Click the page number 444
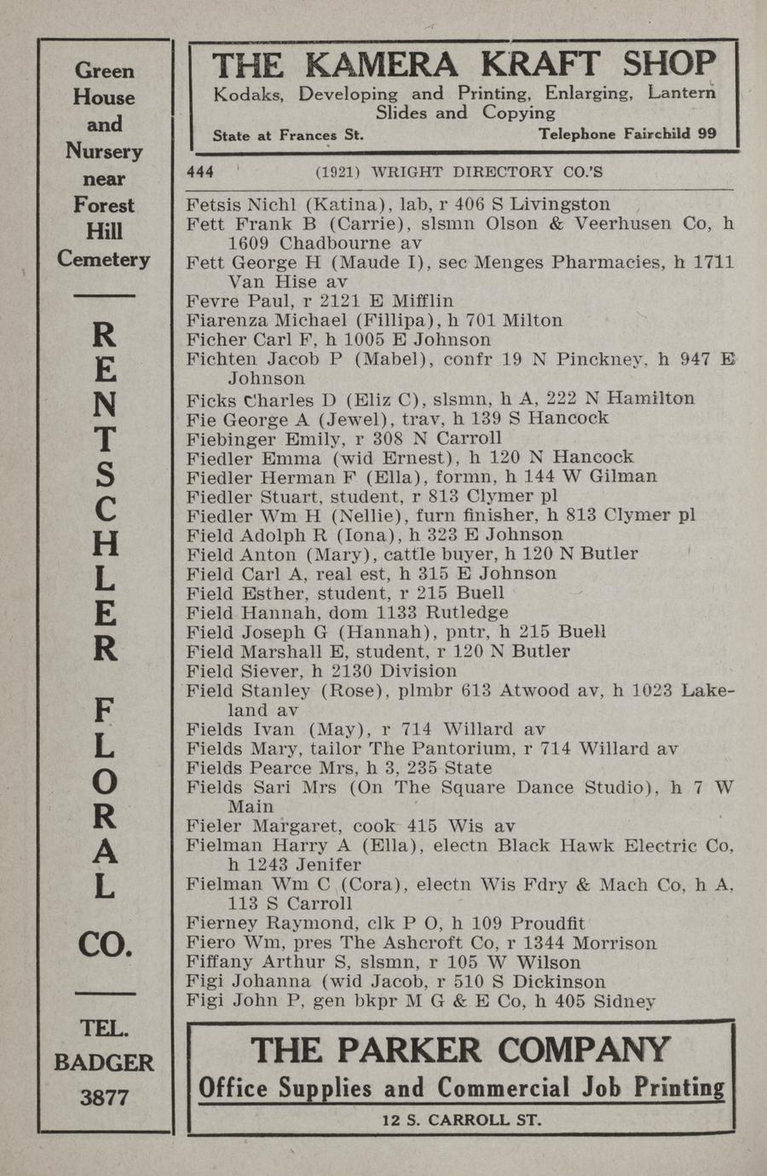coord(200,172)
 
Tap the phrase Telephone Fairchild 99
coord(627,134)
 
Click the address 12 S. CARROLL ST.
coord(461,1120)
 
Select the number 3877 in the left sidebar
coord(104,1098)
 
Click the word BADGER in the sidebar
coord(104,1063)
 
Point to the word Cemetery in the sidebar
coord(104,259)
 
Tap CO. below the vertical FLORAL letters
coord(105,943)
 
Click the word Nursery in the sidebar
coord(104,152)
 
